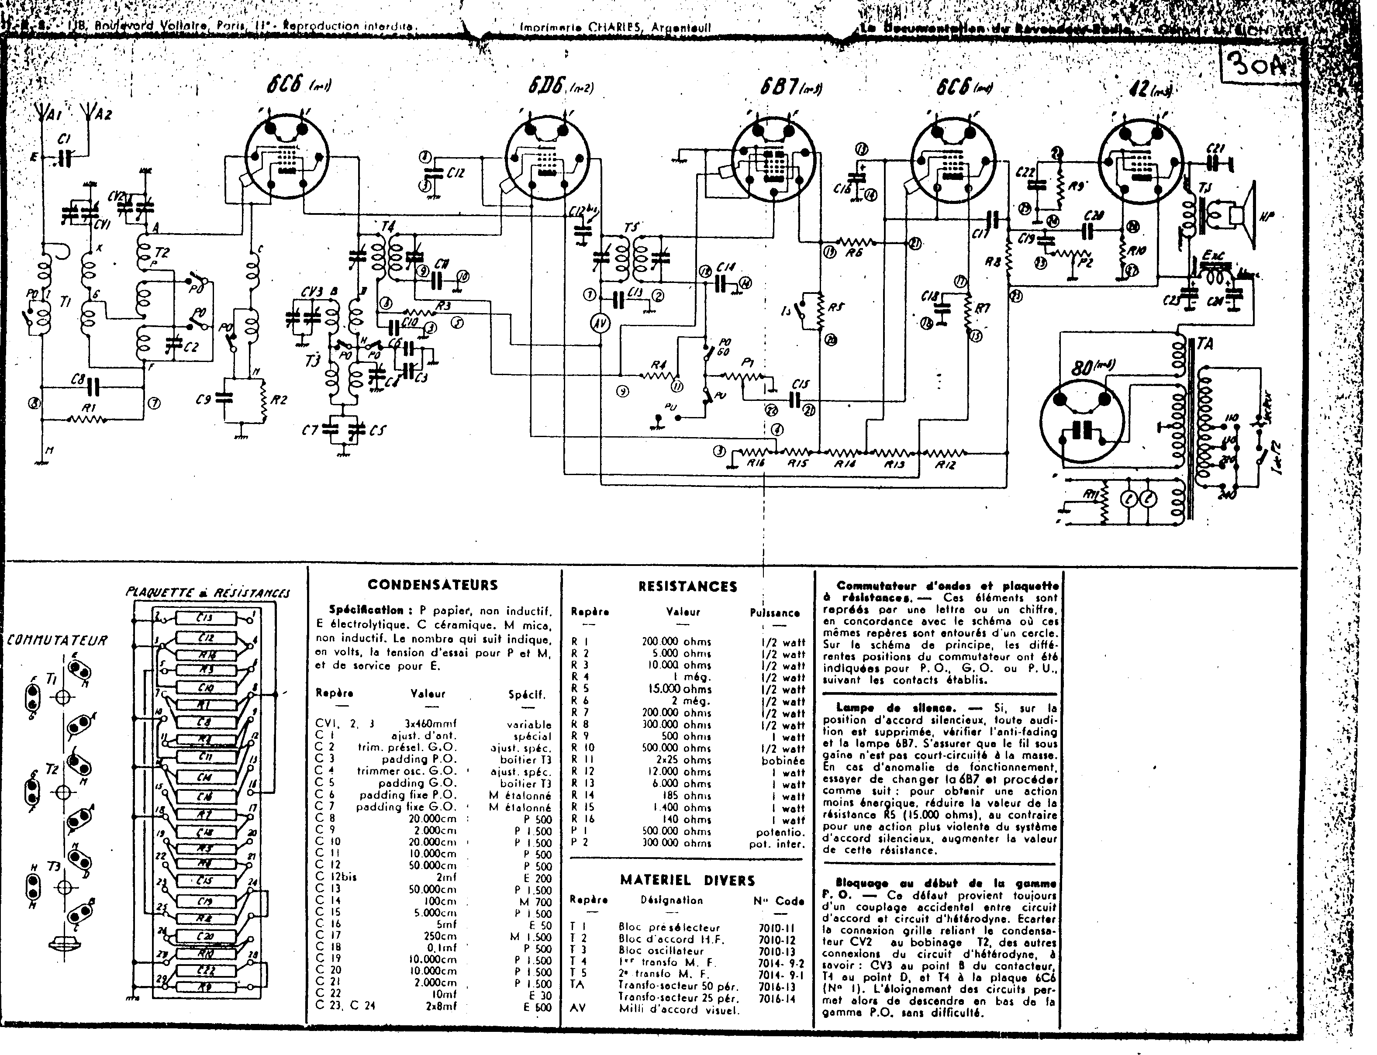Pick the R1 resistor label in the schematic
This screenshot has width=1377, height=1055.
coord(90,408)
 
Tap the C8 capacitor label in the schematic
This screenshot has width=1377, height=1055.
coord(78,380)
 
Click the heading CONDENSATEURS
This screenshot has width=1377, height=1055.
coord(433,585)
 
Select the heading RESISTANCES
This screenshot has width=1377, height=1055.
coord(687,586)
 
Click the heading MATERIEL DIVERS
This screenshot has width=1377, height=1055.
coord(687,880)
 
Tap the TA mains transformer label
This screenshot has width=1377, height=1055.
coord(1205,344)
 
